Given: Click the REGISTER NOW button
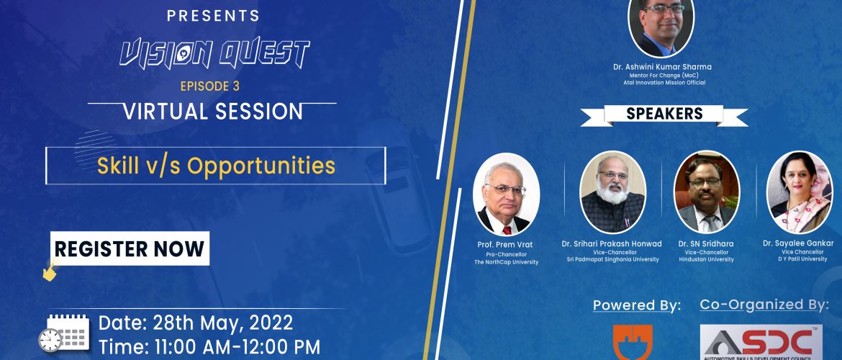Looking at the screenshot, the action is [x=130, y=248].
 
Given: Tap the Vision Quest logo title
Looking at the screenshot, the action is [x=214, y=55].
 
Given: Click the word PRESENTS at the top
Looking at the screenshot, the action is [x=213, y=16].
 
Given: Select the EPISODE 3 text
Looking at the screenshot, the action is [x=210, y=86].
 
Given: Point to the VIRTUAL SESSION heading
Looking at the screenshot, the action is [x=213, y=111].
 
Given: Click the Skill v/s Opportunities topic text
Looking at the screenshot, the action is [x=216, y=166].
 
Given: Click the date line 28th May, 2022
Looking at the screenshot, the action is [x=196, y=323].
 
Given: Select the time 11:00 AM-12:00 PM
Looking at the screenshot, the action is [x=209, y=346].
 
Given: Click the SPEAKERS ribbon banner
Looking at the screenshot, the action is [x=664, y=114].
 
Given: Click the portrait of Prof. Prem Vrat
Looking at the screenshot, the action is [x=506, y=194].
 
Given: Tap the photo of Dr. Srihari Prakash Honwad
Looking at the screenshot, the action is [x=612, y=192].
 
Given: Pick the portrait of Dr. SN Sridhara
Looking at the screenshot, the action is [x=707, y=192].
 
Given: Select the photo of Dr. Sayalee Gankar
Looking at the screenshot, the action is [x=800, y=192].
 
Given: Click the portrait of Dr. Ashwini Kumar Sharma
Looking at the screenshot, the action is [x=661, y=26].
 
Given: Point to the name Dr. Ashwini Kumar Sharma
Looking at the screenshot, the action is [x=662, y=67].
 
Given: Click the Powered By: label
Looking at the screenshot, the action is [x=637, y=306].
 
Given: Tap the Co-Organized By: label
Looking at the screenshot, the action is [x=764, y=305].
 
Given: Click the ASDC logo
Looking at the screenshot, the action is [x=761, y=342].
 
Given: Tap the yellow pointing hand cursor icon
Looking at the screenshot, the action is [x=50, y=271].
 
